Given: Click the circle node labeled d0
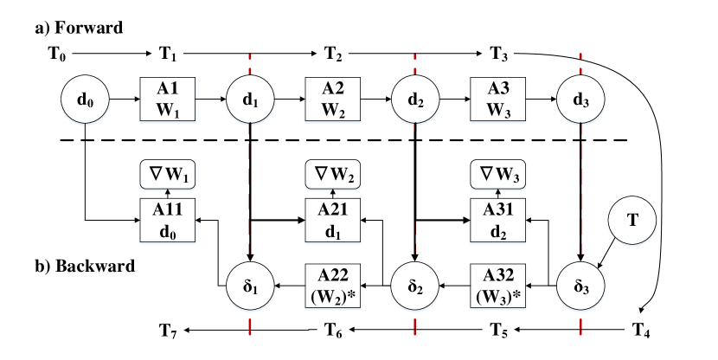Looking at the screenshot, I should coord(85,100).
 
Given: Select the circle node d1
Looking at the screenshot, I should coord(250,100).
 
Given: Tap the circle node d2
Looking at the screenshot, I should coord(416,100).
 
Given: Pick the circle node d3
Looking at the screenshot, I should coord(581,100).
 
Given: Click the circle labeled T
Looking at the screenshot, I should coord(632,221).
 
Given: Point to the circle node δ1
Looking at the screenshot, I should coord(250,284).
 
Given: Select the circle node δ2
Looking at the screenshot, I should coord(416,284).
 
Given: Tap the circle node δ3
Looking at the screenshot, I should coord(581,284).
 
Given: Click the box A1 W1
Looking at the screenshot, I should coord(168,99).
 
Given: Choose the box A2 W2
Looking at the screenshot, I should coord(333,99).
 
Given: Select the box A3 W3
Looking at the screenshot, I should coord(498,99).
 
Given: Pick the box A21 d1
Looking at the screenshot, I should coord(333,221).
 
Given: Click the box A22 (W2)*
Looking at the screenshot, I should coord(333,285).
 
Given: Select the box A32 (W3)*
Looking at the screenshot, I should coord(498,285).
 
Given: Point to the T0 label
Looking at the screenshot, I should coord(56,55).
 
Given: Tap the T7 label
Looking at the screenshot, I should coord(168,329).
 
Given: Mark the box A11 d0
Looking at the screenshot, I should coord(168,221).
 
